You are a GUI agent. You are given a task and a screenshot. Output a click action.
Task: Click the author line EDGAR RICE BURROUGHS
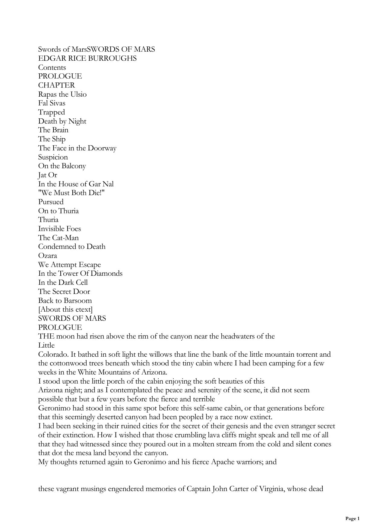click(x=87, y=58)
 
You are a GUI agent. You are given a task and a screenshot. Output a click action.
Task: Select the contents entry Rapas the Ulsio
click(x=62, y=94)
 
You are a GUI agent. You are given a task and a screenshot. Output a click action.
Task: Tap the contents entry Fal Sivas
click(x=52, y=103)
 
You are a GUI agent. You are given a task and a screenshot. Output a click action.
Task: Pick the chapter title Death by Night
click(x=62, y=121)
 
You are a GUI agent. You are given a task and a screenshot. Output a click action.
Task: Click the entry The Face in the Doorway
click(x=77, y=148)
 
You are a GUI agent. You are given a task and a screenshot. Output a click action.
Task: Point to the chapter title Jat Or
click(x=47, y=175)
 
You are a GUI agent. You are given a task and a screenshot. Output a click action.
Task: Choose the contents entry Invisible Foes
click(x=59, y=229)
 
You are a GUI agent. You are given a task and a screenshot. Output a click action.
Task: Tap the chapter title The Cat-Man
click(x=58, y=238)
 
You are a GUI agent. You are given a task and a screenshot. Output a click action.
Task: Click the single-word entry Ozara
click(x=47, y=255)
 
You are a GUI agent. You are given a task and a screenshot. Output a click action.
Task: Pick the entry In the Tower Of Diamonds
click(x=80, y=273)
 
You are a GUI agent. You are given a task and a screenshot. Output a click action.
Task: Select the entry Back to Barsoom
click(x=65, y=300)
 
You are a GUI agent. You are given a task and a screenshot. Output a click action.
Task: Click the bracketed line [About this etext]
click(x=65, y=309)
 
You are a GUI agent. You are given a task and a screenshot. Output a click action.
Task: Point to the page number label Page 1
click(x=352, y=519)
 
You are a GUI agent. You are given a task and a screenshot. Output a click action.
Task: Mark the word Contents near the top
click(x=52, y=67)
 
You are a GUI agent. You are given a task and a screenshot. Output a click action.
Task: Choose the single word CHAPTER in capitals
click(x=56, y=85)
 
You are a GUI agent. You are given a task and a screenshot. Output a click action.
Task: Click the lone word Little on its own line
click(x=46, y=345)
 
